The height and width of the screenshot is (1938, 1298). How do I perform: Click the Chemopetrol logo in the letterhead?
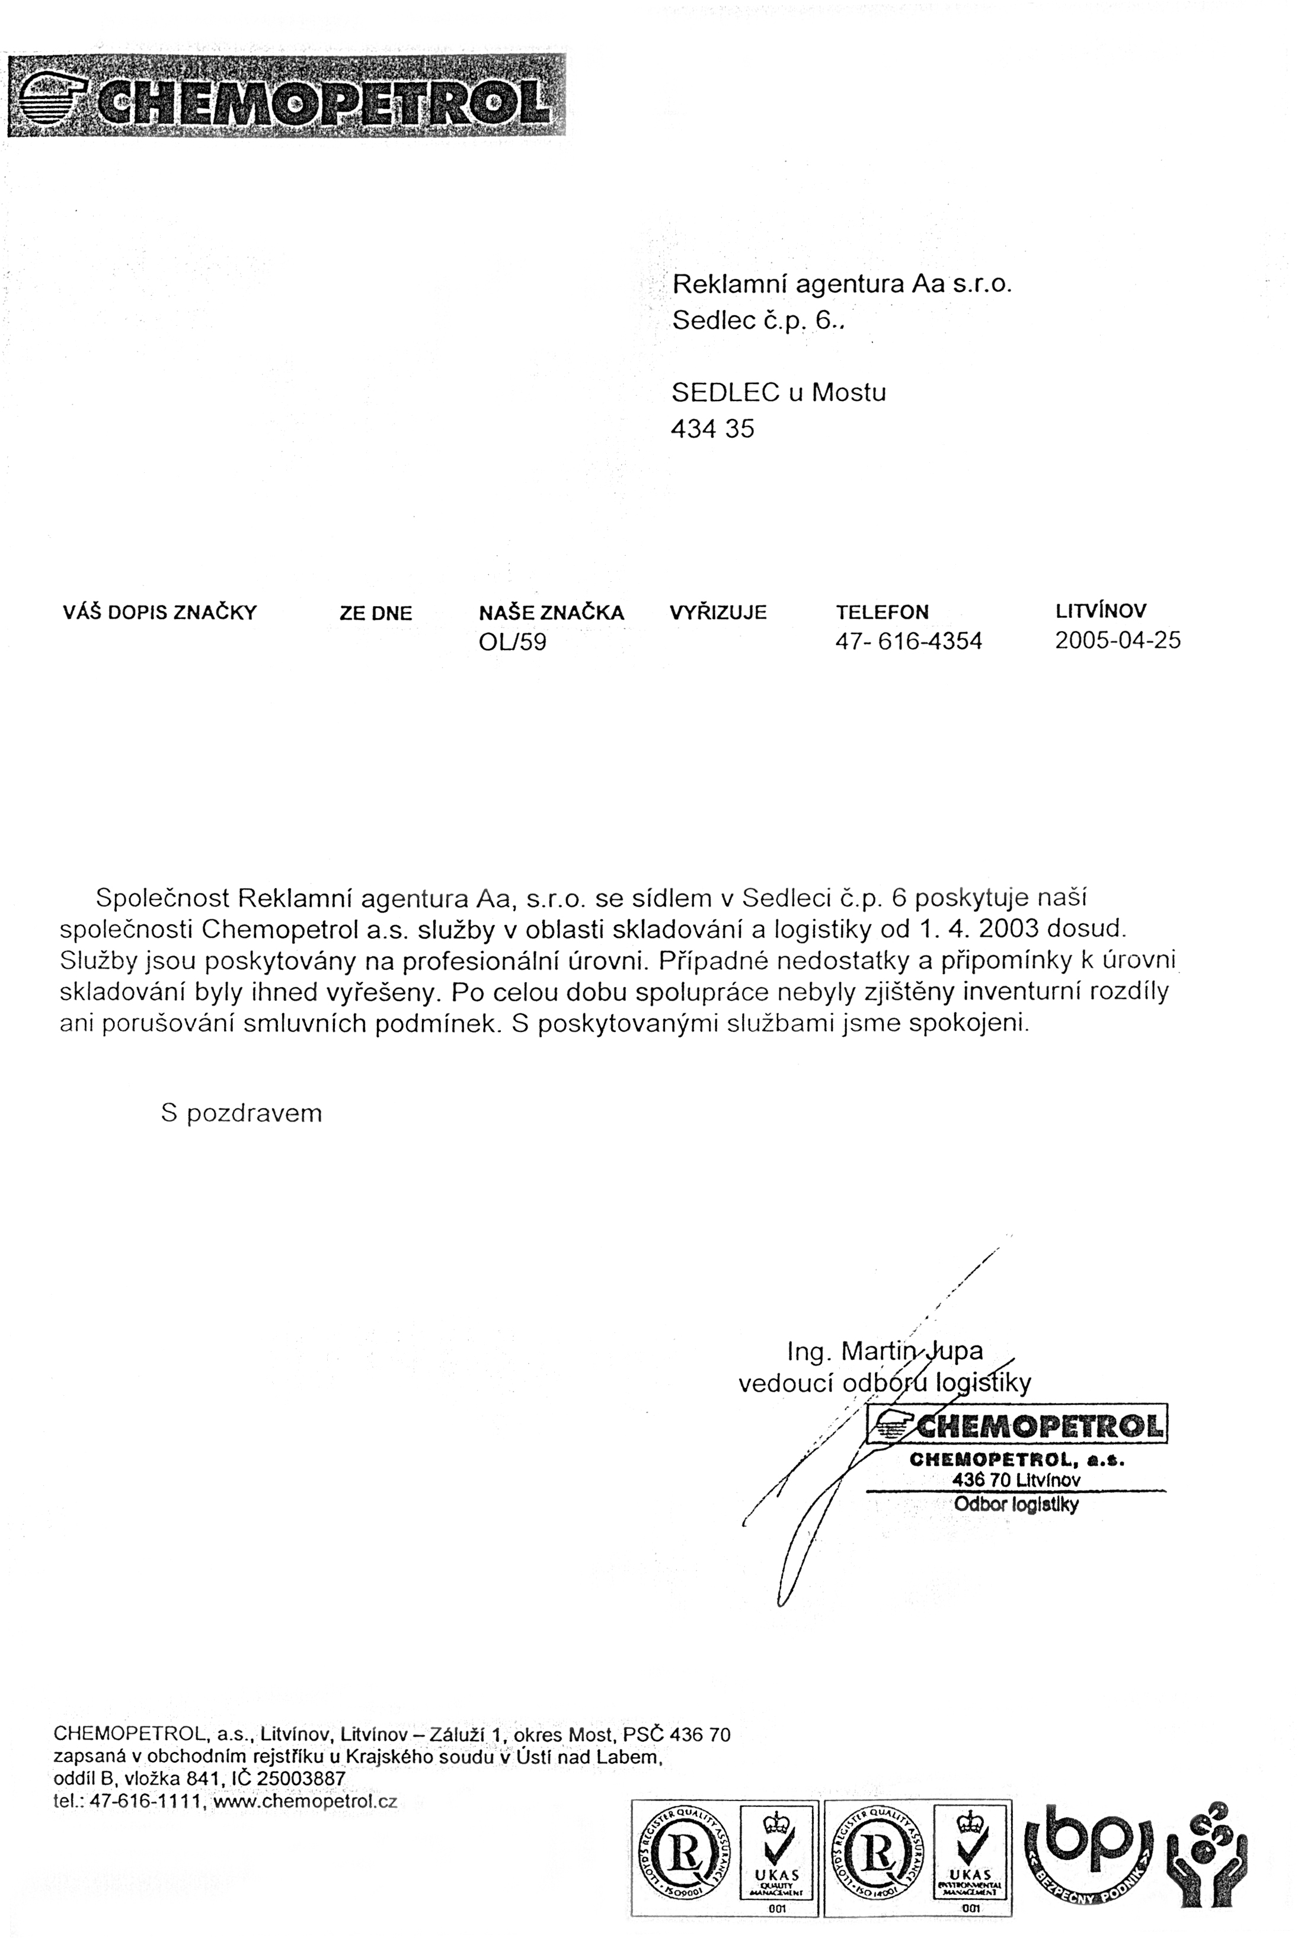pos(286,95)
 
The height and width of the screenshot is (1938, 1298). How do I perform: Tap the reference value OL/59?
pos(513,642)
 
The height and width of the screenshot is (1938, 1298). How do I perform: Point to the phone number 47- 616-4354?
pos(908,641)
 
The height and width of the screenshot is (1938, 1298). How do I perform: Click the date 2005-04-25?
pos(1118,640)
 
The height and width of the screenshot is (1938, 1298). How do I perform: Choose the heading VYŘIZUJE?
pos(718,613)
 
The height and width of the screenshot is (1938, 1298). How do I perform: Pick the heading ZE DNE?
pos(375,614)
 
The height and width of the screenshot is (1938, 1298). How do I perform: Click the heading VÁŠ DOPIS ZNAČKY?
pos(160,613)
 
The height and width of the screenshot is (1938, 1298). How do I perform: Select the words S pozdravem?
pos(241,1113)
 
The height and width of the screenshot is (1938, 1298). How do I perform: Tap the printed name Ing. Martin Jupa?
pos(884,1351)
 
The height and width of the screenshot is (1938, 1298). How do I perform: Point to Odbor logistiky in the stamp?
pos(1016,1504)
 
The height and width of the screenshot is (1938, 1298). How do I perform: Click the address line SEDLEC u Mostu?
pos(778,392)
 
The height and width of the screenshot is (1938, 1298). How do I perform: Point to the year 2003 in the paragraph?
pos(1008,928)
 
